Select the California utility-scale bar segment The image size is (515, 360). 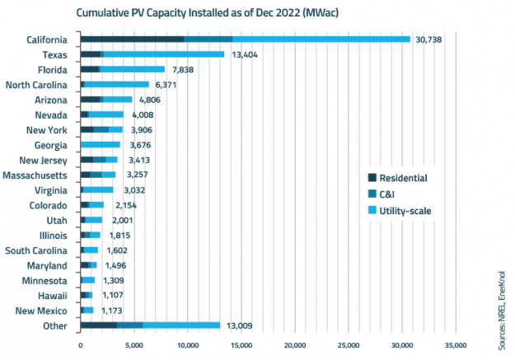[321, 39]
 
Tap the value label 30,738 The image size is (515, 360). [430, 40]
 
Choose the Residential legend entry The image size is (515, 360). [409, 177]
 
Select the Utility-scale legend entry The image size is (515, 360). [409, 210]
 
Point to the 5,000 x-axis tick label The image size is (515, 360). [133, 345]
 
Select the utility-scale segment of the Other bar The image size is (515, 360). [181, 325]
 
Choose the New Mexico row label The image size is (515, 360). [46, 310]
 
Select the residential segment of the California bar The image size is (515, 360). [132, 39]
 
